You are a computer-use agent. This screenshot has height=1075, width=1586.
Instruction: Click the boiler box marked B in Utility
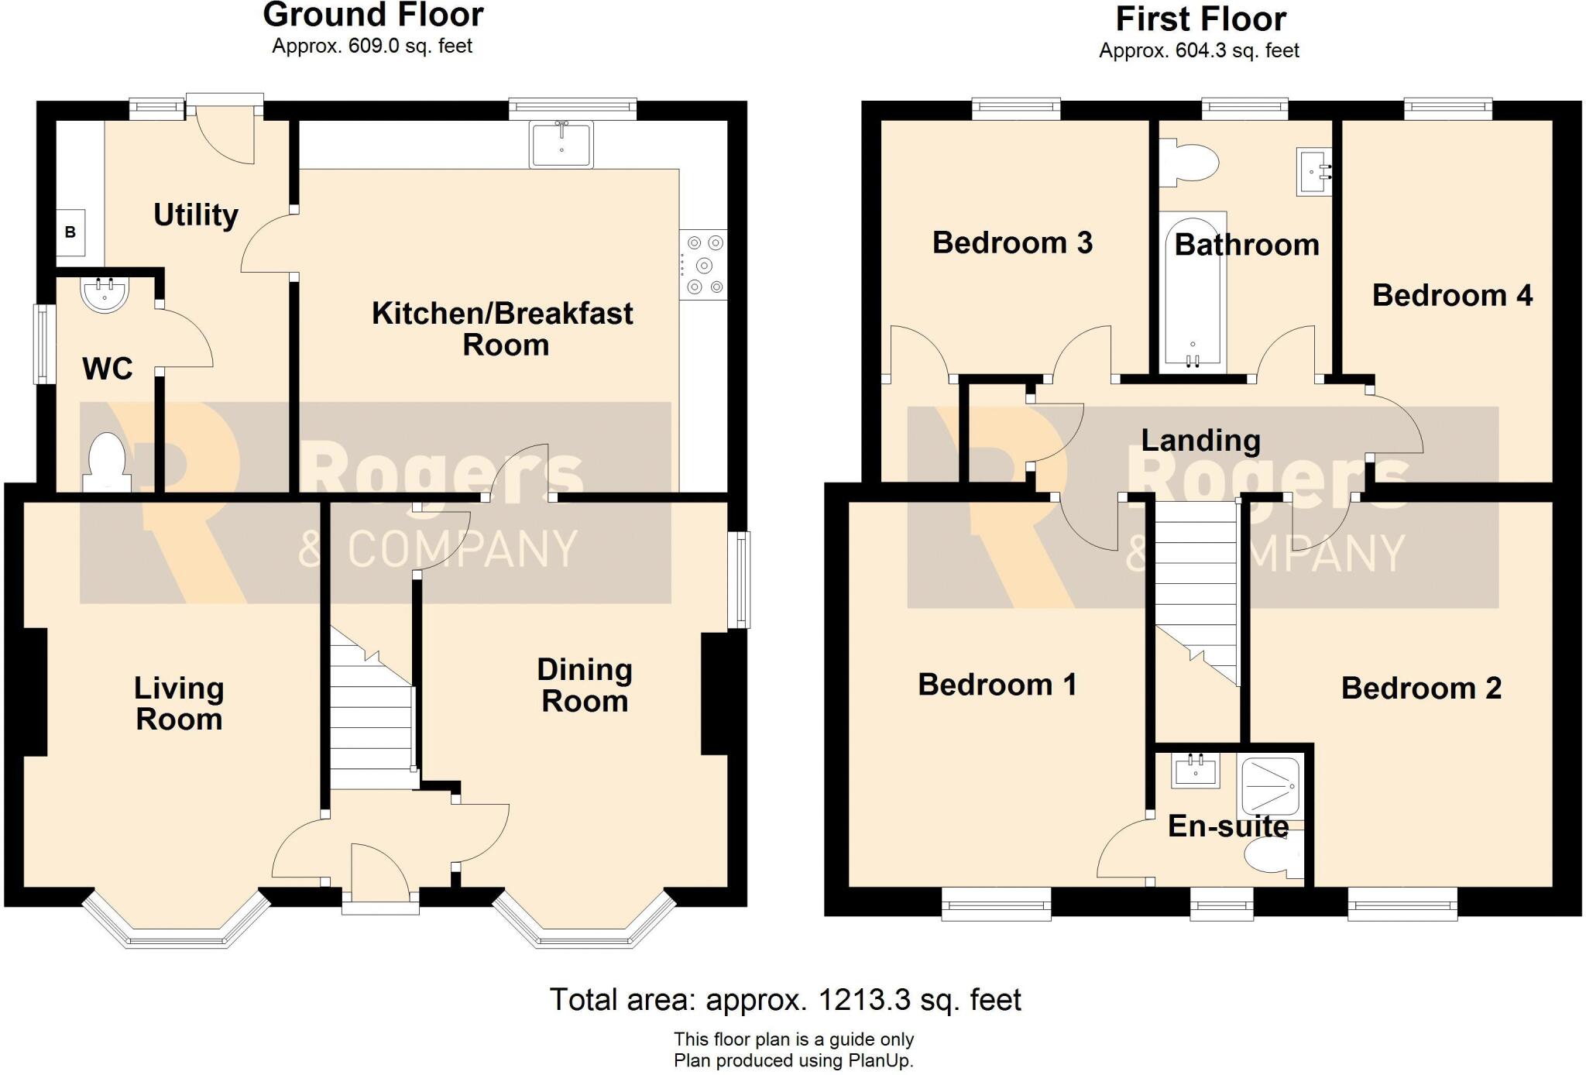click(x=70, y=232)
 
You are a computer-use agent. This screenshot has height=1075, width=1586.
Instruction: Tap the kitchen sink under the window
click(x=561, y=144)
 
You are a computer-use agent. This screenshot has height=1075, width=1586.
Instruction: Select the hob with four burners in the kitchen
click(x=703, y=265)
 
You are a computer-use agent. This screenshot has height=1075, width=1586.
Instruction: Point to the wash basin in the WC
click(x=105, y=294)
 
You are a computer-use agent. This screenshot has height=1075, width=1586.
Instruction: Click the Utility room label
click(x=195, y=215)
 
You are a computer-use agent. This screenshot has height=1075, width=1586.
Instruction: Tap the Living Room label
click(x=179, y=703)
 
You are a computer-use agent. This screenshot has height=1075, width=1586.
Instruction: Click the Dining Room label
click(x=585, y=685)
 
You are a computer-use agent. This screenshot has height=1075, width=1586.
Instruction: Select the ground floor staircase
click(x=372, y=720)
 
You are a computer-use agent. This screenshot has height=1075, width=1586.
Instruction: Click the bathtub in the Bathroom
click(x=1193, y=290)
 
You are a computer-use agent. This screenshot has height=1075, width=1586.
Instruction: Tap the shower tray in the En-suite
click(x=1270, y=788)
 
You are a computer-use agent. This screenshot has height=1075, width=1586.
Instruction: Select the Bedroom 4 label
click(x=1452, y=295)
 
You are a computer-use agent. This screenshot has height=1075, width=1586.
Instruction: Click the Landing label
click(x=1200, y=440)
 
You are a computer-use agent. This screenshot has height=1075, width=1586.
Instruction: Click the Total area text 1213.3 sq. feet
click(x=785, y=1000)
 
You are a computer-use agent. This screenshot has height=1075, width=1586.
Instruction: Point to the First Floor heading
click(x=1200, y=19)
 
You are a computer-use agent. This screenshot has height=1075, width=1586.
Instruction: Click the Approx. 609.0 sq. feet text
click(x=372, y=46)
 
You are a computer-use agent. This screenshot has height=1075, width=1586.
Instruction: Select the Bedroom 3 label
click(x=1012, y=242)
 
